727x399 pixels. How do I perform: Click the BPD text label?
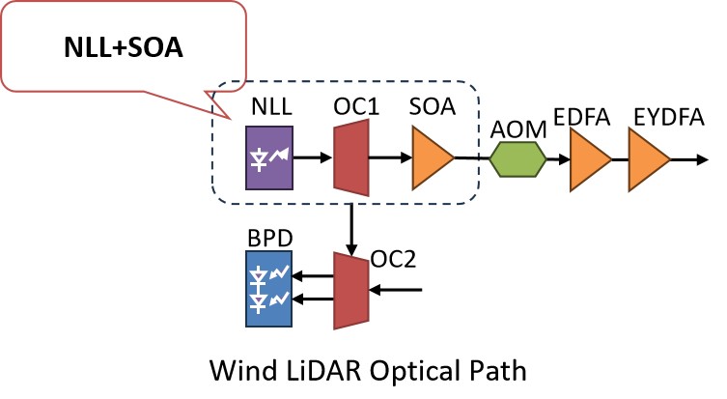click(269, 236)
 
